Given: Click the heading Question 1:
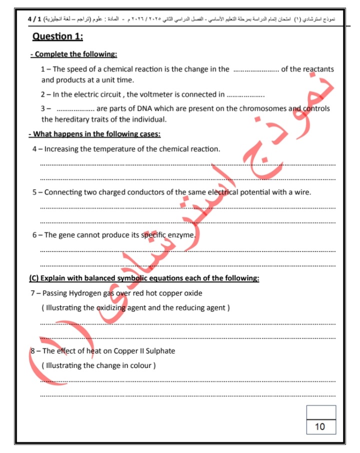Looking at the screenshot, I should point(57,36).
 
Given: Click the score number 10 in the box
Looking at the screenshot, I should point(320,426).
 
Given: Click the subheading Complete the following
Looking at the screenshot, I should point(73,54).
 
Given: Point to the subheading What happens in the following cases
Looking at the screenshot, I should point(94,134).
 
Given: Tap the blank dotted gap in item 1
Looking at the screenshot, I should point(256,70).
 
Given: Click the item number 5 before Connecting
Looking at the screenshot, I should point(34,192).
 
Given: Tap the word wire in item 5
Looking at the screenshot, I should point(301,192).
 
